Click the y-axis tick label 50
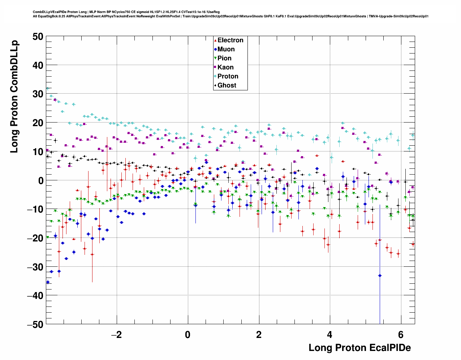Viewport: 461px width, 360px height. point(37,37)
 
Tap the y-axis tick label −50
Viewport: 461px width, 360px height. point(35,324)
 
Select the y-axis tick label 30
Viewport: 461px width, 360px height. point(37,94)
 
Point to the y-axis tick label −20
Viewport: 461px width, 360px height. point(35,238)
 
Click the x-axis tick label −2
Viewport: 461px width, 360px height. point(116,334)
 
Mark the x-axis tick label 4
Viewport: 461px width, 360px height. point(329,334)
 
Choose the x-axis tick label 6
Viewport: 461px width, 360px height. point(401,334)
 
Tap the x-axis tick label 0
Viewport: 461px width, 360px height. point(188,334)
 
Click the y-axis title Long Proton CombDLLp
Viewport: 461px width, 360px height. point(14,97)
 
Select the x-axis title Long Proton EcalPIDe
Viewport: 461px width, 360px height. point(359,348)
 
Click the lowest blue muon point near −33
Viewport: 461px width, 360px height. point(380,275)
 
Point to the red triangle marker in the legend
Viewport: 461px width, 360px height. point(215,40)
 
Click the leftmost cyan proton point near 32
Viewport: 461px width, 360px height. point(47,88)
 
